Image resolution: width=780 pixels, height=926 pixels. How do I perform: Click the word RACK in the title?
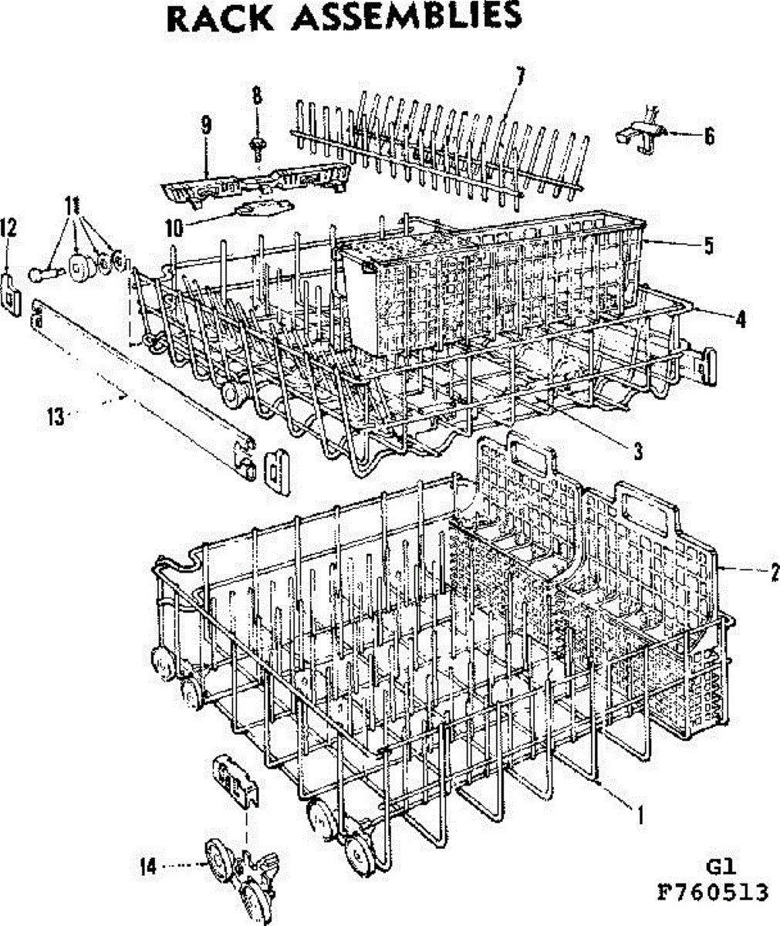pyautogui.click(x=221, y=19)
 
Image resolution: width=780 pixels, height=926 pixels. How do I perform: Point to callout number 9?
pyautogui.click(x=206, y=125)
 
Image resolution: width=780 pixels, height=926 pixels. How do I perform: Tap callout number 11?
pyautogui.click(x=73, y=206)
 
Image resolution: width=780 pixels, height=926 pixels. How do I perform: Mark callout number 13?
pyautogui.click(x=55, y=417)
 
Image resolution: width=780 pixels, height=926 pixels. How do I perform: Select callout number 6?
pyautogui.click(x=709, y=137)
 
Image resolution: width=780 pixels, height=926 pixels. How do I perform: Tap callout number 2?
pyautogui.click(x=772, y=572)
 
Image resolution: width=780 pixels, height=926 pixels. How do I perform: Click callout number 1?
pyautogui.click(x=639, y=813)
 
